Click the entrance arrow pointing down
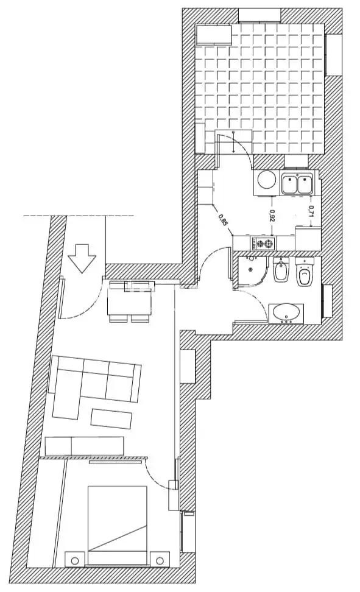coord(81,258)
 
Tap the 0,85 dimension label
coord(223,220)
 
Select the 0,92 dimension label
coord(272,216)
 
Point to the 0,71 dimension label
coord(311,211)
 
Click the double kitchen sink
coord(297,184)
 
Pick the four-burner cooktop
coord(263,244)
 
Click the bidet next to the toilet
coord(281,270)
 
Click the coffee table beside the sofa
coord(111,419)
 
